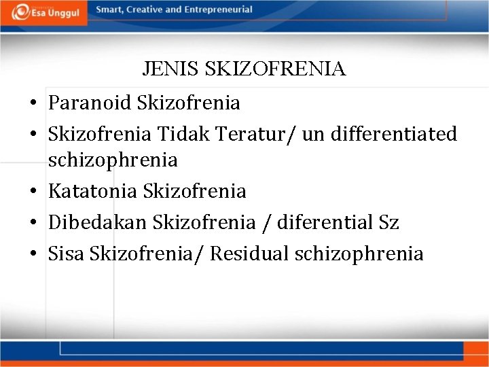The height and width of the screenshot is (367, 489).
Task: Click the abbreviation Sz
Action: [388, 222]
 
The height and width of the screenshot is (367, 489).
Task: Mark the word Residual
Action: [249, 254]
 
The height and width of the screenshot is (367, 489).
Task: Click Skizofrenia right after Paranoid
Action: [188, 103]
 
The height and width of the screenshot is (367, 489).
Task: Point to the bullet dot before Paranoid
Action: [33, 104]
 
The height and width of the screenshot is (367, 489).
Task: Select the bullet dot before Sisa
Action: [33, 254]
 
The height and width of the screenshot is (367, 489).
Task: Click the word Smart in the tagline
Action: [109, 10]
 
